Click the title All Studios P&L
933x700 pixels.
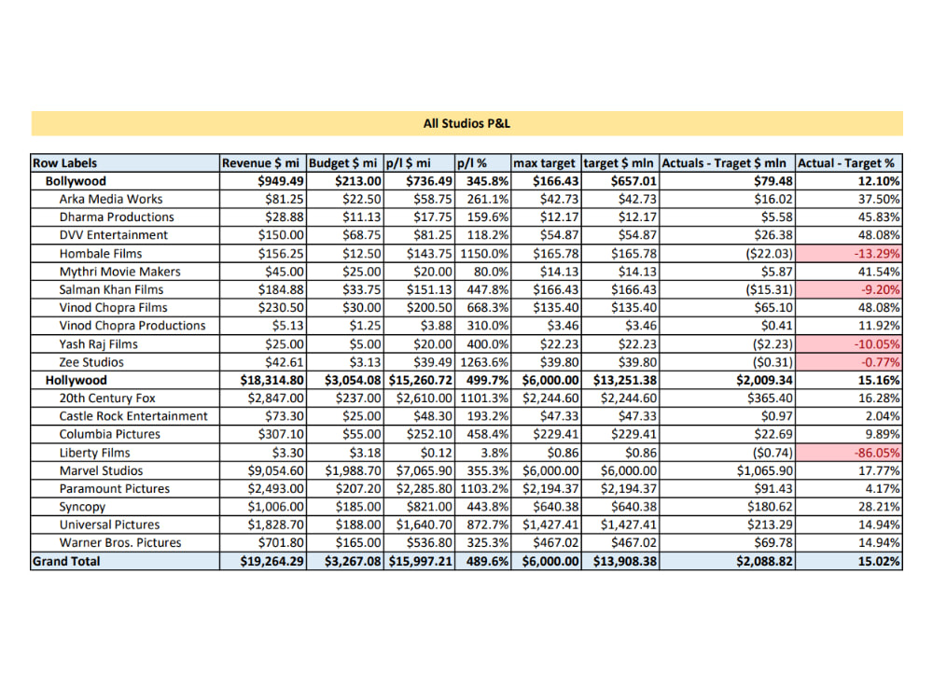[x=466, y=123]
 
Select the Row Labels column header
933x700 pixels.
[x=65, y=163]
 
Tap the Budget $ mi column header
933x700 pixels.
[x=343, y=163]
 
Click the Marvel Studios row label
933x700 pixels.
[x=102, y=470]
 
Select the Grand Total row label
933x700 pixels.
[x=66, y=561]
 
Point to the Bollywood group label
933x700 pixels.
[x=76, y=181]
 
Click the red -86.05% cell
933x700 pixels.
[x=873, y=453]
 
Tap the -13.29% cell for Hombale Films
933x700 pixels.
[x=873, y=254]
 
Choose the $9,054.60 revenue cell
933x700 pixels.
[x=272, y=470]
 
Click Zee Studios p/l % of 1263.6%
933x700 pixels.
[x=484, y=362]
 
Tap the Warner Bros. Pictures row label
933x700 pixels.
[x=120, y=543]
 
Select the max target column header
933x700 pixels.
[x=545, y=163]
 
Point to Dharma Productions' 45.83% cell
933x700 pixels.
[x=876, y=217]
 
